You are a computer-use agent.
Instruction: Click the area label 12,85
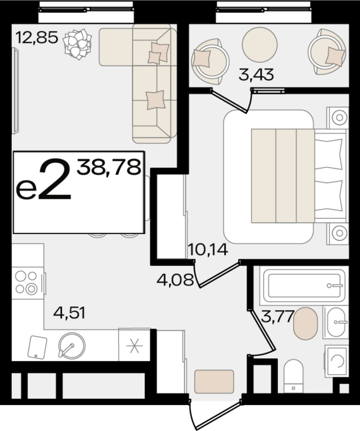click(x=37, y=37)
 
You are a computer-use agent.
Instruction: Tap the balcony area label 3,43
click(x=256, y=74)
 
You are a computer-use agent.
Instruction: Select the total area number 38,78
click(x=109, y=167)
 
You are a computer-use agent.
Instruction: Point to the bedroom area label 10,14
click(x=208, y=250)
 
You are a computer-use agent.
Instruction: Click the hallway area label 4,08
click(x=175, y=280)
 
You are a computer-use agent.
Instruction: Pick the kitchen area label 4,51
click(x=69, y=313)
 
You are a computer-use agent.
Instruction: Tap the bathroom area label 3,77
click(x=277, y=316)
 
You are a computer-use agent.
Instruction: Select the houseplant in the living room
click(x=77, y=44)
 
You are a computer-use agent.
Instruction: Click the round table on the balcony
click(x=260, y=45)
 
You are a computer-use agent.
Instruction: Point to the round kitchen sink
click(x=72, y=346)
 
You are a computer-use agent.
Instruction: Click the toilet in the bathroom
click(x=293, y=376)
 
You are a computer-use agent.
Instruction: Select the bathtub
click(x=304, y=286)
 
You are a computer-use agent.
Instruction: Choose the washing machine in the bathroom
click(x=337, y=360)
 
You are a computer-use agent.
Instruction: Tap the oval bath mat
click(x=305, y=324)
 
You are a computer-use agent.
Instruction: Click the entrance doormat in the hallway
click(x=214, y=382)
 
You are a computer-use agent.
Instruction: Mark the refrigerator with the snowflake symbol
click(x=134, y=345)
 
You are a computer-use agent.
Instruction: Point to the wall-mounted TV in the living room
click(x=16, y=91)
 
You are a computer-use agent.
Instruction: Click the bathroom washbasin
click(x=336, y=322)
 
